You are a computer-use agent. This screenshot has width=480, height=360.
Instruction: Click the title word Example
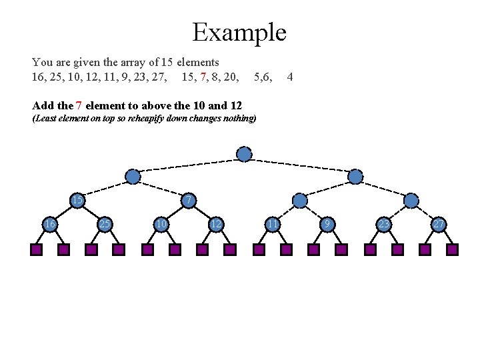point(239,32)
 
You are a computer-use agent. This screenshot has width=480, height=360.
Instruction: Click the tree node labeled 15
point(78,201)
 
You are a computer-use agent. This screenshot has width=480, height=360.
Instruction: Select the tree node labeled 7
point(189,201)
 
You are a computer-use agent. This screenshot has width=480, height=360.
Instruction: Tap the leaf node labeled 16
point(49,225)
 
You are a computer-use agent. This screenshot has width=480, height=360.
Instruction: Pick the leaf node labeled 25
point(105,225)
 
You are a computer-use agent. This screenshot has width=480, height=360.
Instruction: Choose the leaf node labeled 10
point(161,225)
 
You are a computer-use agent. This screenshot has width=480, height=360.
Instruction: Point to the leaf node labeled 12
point(215,225)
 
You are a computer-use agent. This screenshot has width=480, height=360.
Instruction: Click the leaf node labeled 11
point(272,225)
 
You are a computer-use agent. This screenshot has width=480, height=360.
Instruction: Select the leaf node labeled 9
point(327,225)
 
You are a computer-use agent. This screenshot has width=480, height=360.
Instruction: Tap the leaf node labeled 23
point(383,225)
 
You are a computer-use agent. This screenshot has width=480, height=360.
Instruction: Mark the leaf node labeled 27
point(438,225)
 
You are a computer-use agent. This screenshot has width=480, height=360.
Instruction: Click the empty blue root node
point(245,155)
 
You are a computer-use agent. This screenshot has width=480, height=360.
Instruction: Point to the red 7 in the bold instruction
point(79,105)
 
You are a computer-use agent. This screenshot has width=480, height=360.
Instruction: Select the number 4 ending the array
point(289,77)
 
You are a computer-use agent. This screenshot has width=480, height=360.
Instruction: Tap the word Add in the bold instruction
point(43,105)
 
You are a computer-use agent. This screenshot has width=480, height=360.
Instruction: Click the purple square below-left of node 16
point(36,250)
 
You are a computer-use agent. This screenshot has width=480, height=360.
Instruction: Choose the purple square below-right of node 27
point(452,250)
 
